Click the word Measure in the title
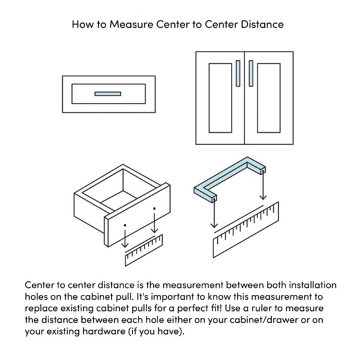click(x=131, y=24)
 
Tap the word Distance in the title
click(x=263, y=24)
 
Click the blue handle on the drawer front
click(x=108, y=94)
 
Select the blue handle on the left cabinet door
click(x=238, y=73)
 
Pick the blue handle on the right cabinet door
click(x=251, y=73)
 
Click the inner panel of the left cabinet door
click(x=220, y=98)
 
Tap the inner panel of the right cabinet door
click(x=269, y=98)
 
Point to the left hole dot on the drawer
click(x=125, y=225)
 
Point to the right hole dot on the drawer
click(x=155, y=209)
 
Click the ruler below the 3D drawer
click(x=144, y=251)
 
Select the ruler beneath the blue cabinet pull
click(x=246, y=230)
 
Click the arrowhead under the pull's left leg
click(x=214, y=225)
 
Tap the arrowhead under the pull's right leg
click(x=263, y=197)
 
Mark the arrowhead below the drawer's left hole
click(x=125, y=245)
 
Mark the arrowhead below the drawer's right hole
click(x=155, y=230)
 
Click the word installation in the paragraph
click(x=313, y=285)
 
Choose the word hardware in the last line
click(x=104, y=331)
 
